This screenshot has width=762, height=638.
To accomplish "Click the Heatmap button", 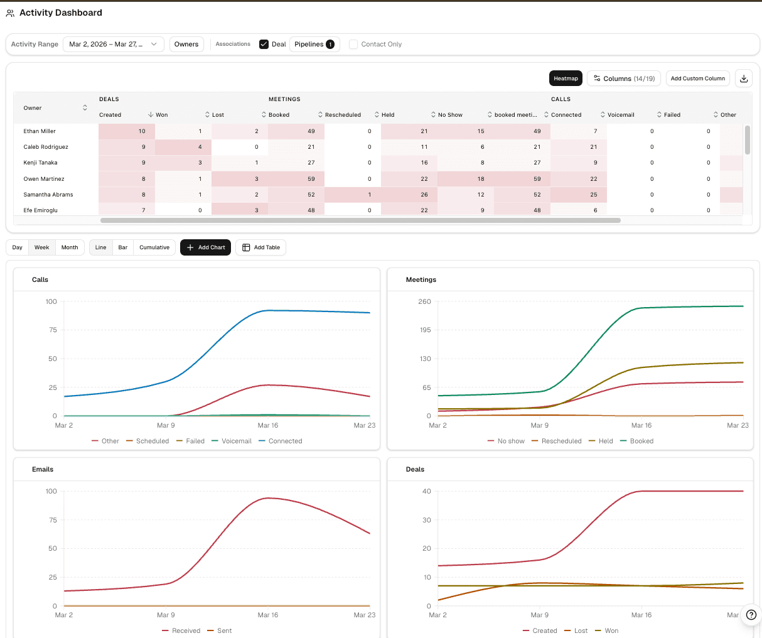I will (x=566, y=78).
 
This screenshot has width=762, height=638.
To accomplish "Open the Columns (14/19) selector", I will (x=623, y=78).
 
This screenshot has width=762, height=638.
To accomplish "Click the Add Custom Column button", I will (x=697, y=78).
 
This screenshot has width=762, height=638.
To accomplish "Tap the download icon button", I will (x=744, y=78).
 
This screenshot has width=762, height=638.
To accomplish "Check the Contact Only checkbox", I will (x=353, y=45).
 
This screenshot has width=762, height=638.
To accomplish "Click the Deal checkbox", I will (x=264, y=45).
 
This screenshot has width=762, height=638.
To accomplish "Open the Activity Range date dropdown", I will (x=113, y=45).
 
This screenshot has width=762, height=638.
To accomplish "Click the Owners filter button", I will (x=186, y=45).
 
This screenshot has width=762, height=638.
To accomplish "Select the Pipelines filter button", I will (x=314, y=45).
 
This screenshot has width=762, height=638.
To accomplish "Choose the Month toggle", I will (x=70, y=247).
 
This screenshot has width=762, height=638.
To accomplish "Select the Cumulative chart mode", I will (x=154, y=247).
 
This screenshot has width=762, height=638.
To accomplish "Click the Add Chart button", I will (x=206, y=247).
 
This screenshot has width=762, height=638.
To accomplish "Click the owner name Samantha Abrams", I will (x=48, y=195).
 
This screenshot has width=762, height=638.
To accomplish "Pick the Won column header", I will (x=162, y=115).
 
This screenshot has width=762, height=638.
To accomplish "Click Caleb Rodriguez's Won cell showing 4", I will (x=183, y=147).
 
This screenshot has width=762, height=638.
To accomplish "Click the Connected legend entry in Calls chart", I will (x=285, y=441).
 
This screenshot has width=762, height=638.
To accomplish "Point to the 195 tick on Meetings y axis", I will (x=425, y=330).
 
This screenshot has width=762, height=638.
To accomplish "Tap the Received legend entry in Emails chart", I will (x=186, y=630).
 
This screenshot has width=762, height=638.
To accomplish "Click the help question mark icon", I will (x=751, y=615).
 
